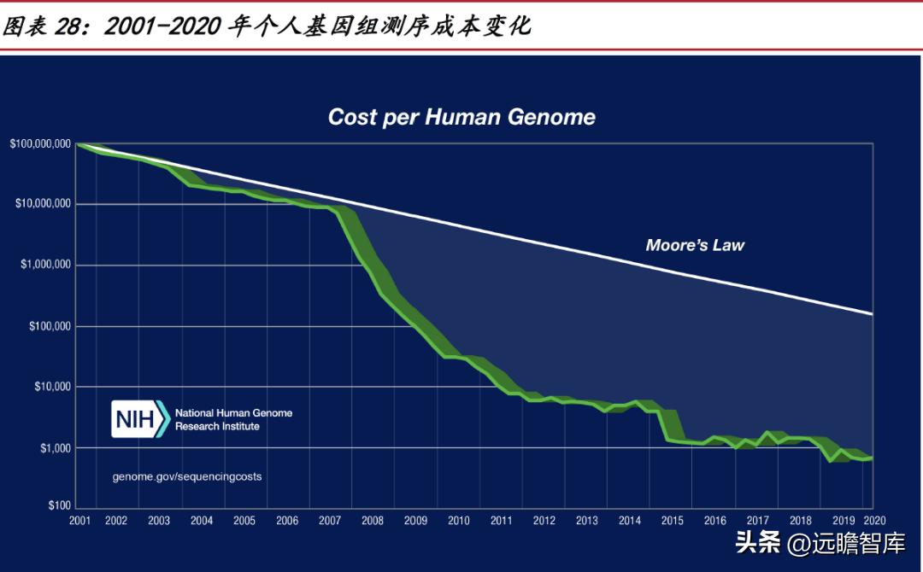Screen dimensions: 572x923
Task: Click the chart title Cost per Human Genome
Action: point(461,117)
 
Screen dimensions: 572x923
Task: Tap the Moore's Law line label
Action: point(695,246)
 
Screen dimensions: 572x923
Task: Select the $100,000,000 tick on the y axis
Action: point(40,143)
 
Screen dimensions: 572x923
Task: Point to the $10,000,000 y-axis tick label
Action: point(43,204)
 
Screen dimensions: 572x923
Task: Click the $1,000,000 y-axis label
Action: point(46,265)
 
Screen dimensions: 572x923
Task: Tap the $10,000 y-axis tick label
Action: point(52,387)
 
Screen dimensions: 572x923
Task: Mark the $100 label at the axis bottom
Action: point(59,506)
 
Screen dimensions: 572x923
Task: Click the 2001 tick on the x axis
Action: point(80,521)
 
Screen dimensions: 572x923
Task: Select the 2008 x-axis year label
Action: point(373,521)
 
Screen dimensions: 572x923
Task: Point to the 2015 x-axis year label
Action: point(673,521)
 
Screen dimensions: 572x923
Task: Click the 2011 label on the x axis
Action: point(501,521)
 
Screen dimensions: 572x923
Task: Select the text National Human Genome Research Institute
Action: point(233,419)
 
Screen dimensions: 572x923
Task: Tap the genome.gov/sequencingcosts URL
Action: point(187,476)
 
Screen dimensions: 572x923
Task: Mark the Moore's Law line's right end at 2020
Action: point(872,314)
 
